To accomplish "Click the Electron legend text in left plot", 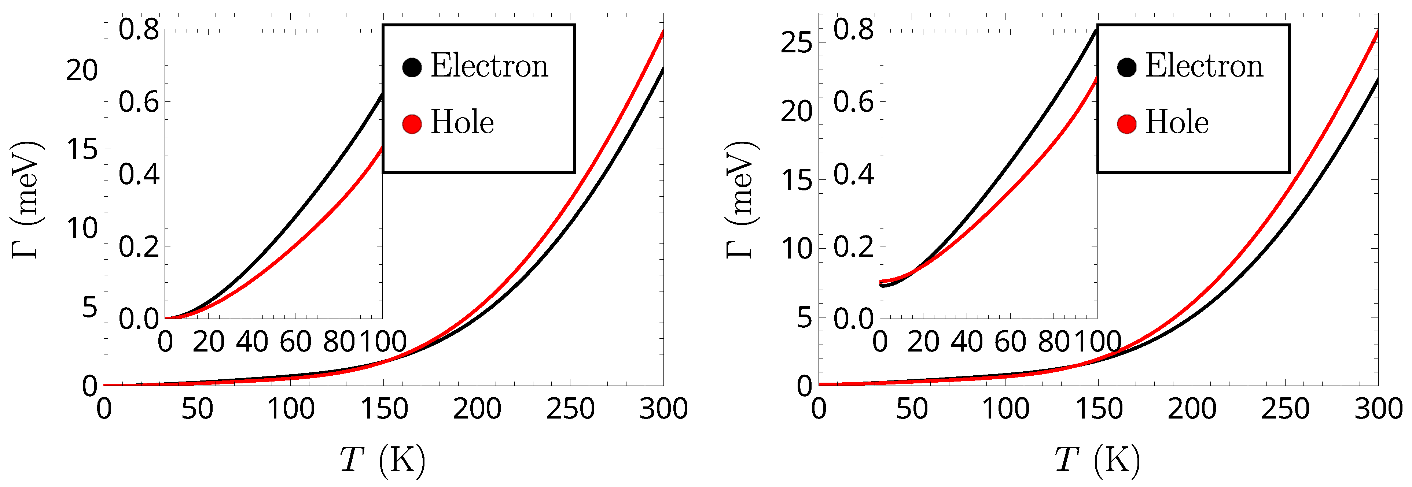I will pyautogui.click(x=489, y=66).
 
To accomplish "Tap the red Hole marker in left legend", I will pyautogui.click(x=412, y=124).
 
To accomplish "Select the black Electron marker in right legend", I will pyautogui.click(x=1126, y=67).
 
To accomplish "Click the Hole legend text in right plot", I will pyautogui.click(x=1177, y=122).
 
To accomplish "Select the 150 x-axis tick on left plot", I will pyautogui.click(x=384, y=409).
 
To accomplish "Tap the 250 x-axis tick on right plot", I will pyautogui.click(x=1285, y=409).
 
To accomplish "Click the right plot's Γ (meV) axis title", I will pyautogui.click(x=741, y=200).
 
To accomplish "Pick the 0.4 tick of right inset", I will pyautogui.click(x=853, y=175).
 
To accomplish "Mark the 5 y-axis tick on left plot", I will pyautogui.click(x=89, y=307).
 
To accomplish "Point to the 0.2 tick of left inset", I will pyautogui.click(x=139, y=247).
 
